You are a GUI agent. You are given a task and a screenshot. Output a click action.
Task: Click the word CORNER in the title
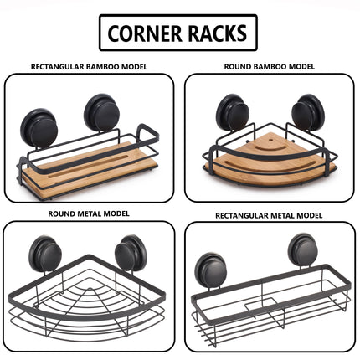click(144, 33)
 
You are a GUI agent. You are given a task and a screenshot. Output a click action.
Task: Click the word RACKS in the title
click(218, 33)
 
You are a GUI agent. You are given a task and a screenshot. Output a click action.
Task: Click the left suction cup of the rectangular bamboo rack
click(41, 128)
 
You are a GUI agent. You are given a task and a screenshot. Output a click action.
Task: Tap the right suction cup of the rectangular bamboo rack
click(102, 112)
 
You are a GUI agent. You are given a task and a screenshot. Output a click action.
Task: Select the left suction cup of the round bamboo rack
click(233, 112)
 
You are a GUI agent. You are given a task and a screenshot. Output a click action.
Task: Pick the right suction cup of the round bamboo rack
click(308, 112)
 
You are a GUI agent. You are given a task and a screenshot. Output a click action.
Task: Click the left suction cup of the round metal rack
click(45, 254)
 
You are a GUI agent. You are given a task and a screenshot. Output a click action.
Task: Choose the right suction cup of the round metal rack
click(131, 253)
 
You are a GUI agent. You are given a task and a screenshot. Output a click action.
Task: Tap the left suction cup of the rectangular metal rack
click(211, 270)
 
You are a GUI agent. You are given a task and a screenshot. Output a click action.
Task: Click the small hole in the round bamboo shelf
click(270, 139)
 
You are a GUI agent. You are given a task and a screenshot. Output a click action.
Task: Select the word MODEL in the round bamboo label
click(301, 67)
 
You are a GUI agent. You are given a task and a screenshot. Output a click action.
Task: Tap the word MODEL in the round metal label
click(116, 213)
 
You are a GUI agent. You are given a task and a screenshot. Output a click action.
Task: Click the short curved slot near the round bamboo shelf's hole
click(270, 147)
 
